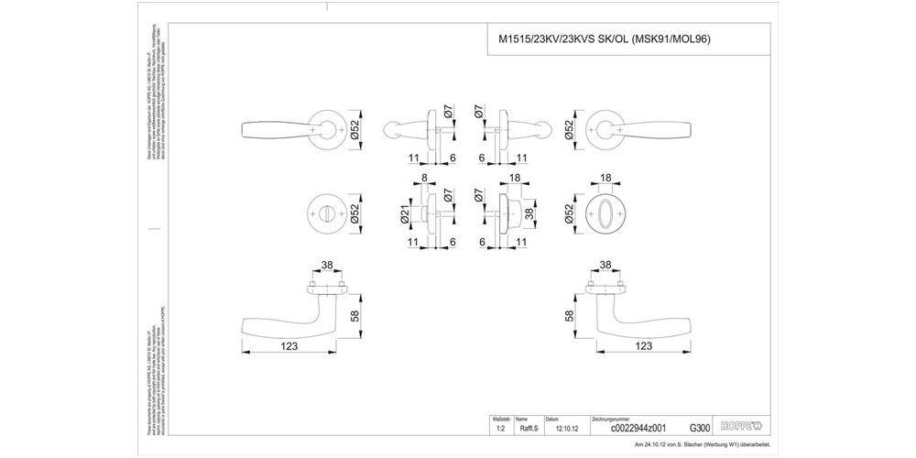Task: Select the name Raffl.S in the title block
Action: [x=528, y=427]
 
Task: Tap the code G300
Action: [x=699, y=427]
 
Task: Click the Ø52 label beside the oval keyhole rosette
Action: [x=569, y=213]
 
